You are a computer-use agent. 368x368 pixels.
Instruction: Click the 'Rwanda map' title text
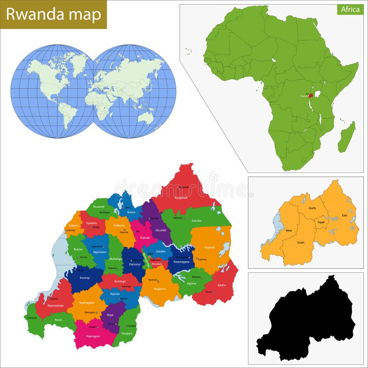coord(53,14)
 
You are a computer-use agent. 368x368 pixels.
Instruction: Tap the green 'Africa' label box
coord(350,9)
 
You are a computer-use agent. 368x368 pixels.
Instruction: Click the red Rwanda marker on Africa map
coord(311,95)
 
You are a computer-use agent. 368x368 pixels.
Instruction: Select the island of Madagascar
coord(347,137)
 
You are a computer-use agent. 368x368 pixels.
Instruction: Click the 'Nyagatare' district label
coord(181,197)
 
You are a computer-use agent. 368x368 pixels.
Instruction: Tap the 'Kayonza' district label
coord(209,247)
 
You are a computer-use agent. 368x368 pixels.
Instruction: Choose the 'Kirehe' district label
coord(222,285)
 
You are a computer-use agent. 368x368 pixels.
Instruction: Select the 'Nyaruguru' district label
coord(95,336)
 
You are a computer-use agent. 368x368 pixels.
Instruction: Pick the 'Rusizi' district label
coord(58,320)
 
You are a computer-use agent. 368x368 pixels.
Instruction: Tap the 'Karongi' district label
coord(85,278)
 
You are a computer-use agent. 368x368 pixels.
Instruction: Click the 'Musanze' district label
coord(98,207)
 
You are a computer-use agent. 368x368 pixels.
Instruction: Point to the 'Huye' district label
coord(110,315)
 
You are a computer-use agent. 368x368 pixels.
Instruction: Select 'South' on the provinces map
coord(300,242)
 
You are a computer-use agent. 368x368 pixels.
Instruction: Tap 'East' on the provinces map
coord(345,215)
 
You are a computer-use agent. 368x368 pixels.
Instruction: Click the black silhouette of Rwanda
coord(308,322)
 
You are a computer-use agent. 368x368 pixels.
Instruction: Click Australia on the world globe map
coord(147,117)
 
